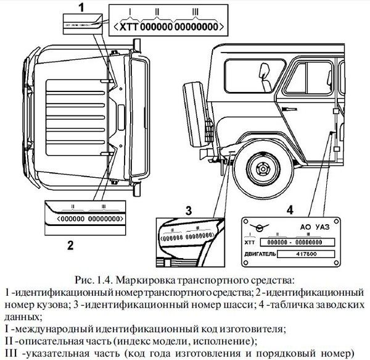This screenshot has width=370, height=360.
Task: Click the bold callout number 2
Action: (x=70, y=245)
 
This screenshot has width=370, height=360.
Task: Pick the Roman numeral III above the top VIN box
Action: (x=195, y=11)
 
